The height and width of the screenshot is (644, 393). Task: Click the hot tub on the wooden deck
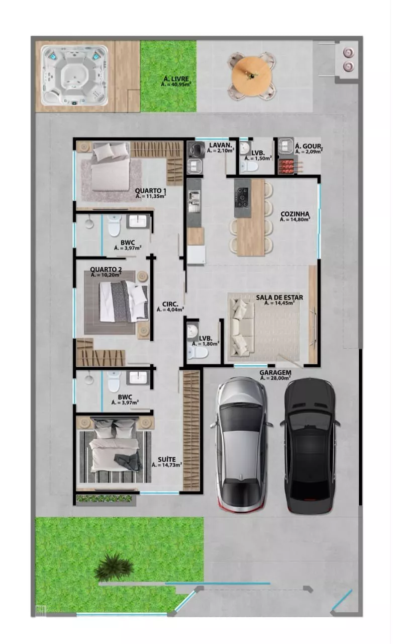[x=74, y=75]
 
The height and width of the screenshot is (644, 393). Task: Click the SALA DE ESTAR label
[x=279, y=297]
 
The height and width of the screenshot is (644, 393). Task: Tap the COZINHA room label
[x=294, y=214]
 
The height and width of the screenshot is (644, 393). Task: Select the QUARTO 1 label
[x=151, y=191]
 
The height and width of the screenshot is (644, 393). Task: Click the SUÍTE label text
[x=167, y=459]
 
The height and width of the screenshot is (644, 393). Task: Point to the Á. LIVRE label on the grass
[x=176, y=79]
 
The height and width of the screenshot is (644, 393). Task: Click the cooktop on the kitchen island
[x=242, y=197]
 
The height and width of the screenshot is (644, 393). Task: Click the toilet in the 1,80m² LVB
[x=198, y=352]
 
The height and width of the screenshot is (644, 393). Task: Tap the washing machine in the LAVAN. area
[x=195, y=149]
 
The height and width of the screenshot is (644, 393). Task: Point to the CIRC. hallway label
[x=170, y=304]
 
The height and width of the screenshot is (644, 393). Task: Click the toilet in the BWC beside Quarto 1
[x=114, y=226]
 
